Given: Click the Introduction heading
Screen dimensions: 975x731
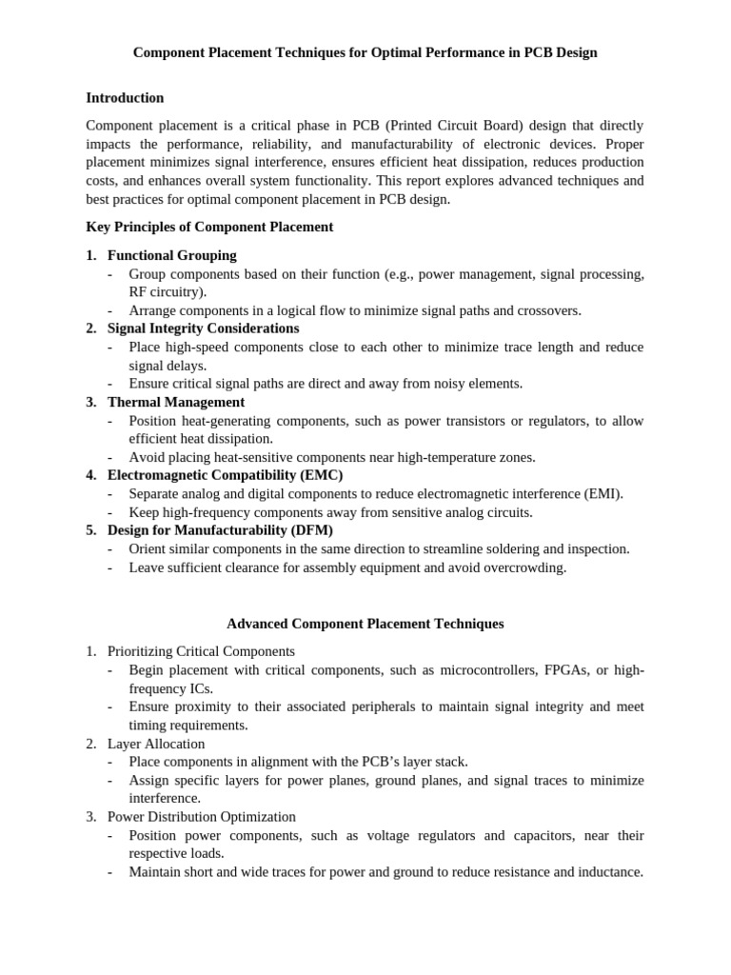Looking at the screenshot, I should (125, 98).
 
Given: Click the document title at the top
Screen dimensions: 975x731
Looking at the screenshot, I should (365, 52).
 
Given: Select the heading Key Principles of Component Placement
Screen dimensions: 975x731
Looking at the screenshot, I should (209, 227).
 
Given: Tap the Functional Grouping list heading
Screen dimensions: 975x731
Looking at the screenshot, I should (171, 255).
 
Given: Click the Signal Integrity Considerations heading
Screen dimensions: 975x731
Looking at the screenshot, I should (203, 328).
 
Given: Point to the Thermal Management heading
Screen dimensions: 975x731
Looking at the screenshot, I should (175, 402).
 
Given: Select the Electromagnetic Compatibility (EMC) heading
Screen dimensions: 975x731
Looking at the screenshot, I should (225, 475).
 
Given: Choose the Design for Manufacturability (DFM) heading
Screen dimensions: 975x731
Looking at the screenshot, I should (220, 530).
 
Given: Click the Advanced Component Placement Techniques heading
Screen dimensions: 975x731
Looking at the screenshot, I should (365, 624).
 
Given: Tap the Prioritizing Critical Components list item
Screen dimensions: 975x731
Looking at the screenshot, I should (201, 651).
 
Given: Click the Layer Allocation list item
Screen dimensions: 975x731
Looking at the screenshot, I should (156, 744).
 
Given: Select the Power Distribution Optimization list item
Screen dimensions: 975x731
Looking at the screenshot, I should (201, 817).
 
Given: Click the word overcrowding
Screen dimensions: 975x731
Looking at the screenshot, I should (524, 567).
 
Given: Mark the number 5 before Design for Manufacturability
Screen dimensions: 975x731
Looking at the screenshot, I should (90, 530).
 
